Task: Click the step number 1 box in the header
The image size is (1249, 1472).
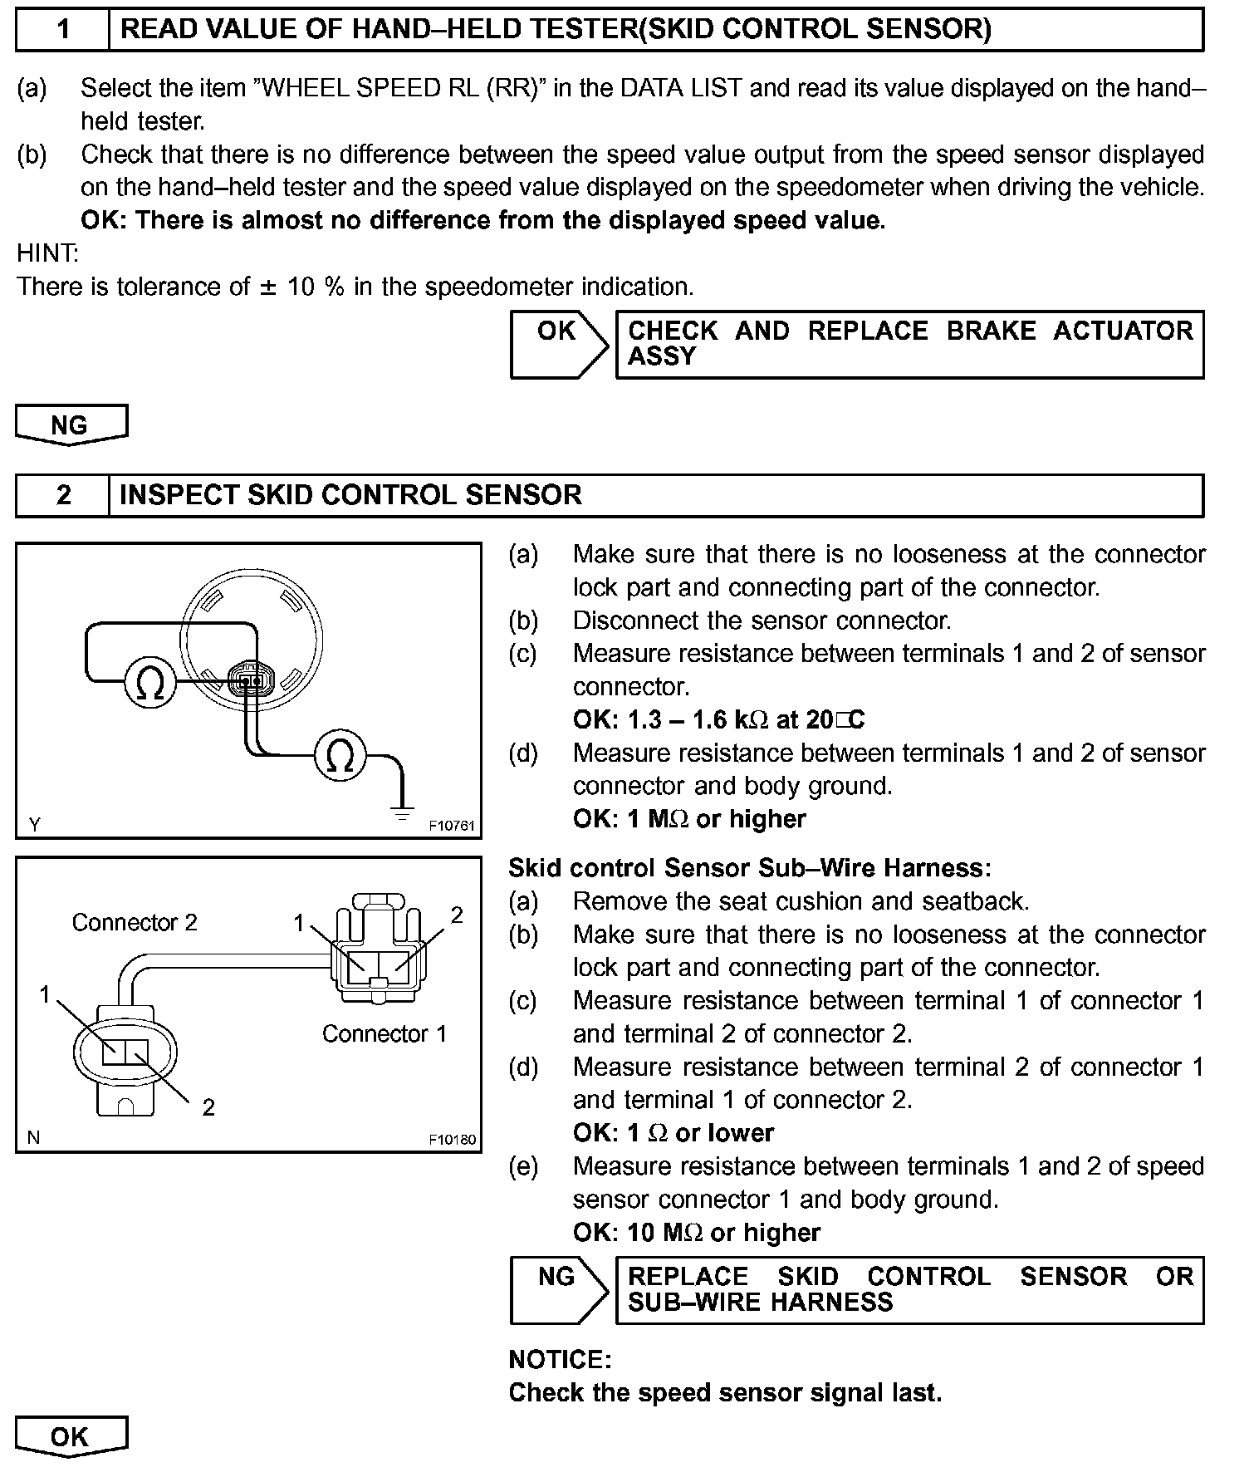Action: click(x=63, y=30)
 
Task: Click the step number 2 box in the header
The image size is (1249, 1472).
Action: click(x=63, y=495)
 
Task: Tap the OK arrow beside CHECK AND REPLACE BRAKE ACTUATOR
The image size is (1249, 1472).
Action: click(x=558, y=344)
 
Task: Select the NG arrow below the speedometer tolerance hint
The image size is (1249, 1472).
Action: click(x=71, y=424)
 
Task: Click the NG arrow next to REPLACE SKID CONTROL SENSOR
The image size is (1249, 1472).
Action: click(x=558, y=1289)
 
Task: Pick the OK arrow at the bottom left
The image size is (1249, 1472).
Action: click(x=71, y=1436)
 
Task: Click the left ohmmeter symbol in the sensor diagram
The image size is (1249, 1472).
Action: click(x=150, y=683)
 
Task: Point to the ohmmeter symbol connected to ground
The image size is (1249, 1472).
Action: click(x=340, y=755)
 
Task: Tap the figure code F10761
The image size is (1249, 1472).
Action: click(x=452, y=826)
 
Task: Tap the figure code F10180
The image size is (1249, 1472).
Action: click(x=452, y=1140)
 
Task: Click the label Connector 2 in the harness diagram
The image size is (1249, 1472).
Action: click(x=135, y=922)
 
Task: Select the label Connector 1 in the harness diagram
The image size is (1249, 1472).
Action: click(x=384, y=1033)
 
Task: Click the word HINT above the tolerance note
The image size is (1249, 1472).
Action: click(x=47, y=253)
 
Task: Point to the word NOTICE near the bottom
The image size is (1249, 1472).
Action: click(x=560, y=1360)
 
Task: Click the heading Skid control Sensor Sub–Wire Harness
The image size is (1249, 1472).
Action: click(x=749, y=868)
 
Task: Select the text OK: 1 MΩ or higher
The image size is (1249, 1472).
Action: click(x=689, y=819)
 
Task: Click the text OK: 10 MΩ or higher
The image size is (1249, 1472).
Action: click(x=696, y=1232)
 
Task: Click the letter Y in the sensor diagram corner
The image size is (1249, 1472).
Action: click(x=35, y=825)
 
